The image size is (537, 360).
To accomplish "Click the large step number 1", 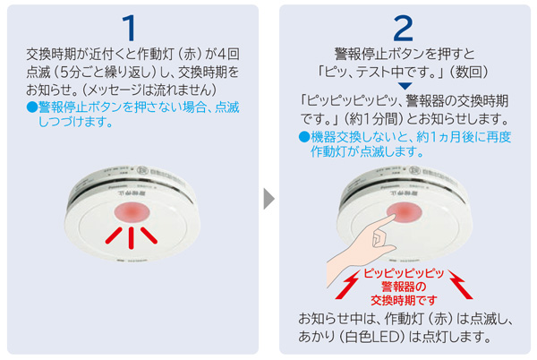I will pos(132,26).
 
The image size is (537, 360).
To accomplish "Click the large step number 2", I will pos(403,26).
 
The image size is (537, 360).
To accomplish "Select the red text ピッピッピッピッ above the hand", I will pos(404,273).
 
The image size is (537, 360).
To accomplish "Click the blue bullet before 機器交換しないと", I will pos(303,137).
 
